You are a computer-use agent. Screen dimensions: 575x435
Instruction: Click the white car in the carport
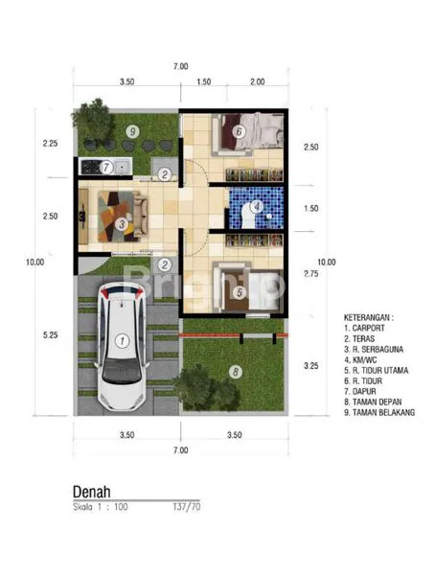pyautogui.click(x=122, y=346)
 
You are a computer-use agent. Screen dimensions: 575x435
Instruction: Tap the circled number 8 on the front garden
pyautogui.click(x=234, y=370)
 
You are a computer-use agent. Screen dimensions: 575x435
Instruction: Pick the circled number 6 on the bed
pyautogui.click(x=239, y=131)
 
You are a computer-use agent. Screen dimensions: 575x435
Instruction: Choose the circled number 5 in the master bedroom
pyautogui.click(x=107, y=167)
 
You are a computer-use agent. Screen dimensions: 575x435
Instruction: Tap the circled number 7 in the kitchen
pyautogui.click(x=107, y=167)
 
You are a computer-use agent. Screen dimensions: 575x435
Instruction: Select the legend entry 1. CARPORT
pyautogui.click(x=361, y=327)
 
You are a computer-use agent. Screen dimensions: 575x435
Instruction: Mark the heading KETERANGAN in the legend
pyautogui.click(x=369, y=315)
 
